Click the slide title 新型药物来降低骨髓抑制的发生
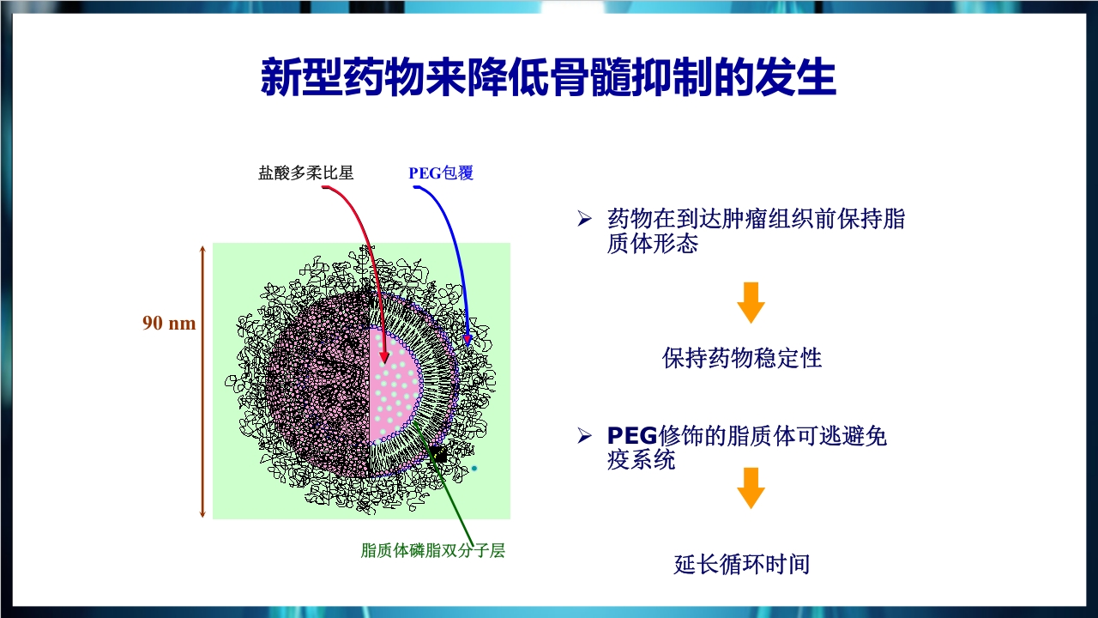pyautogui.click(x=548, y=78)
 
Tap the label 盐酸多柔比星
pyautogui.click(x=305, y=173)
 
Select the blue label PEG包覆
pyautogui.click(x=441, y=173)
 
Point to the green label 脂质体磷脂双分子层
pyautogui.click(x=433, y=550)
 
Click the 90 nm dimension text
pyautogui.click(x=169, y=324)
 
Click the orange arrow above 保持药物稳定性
pyautogui.click(x=751, y=302)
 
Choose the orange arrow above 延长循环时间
pyautogui.click(x=751, y=488)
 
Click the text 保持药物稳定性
pyautogui.click(x=742, y=358)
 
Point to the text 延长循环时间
pyautogui.click(x=742, y=564)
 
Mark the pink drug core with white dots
pyautogui.click(x=395, y=391)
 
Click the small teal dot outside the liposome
pyautogui.click(x=474, y=469)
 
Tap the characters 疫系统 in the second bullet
pyautogui.click(x=641, y=460)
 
